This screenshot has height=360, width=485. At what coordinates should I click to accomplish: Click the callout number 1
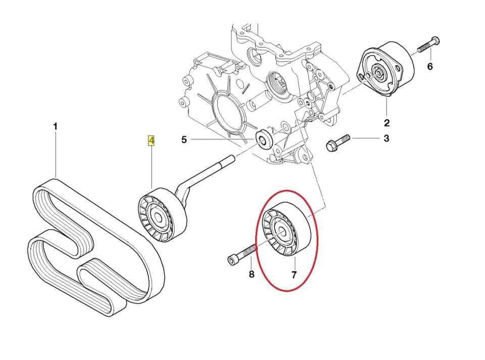56,126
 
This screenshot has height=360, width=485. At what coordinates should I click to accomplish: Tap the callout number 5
184,139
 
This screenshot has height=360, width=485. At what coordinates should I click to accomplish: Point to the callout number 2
386,122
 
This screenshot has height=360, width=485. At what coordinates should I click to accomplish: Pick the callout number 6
430,66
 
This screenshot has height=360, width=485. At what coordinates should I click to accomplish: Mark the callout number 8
251,275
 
